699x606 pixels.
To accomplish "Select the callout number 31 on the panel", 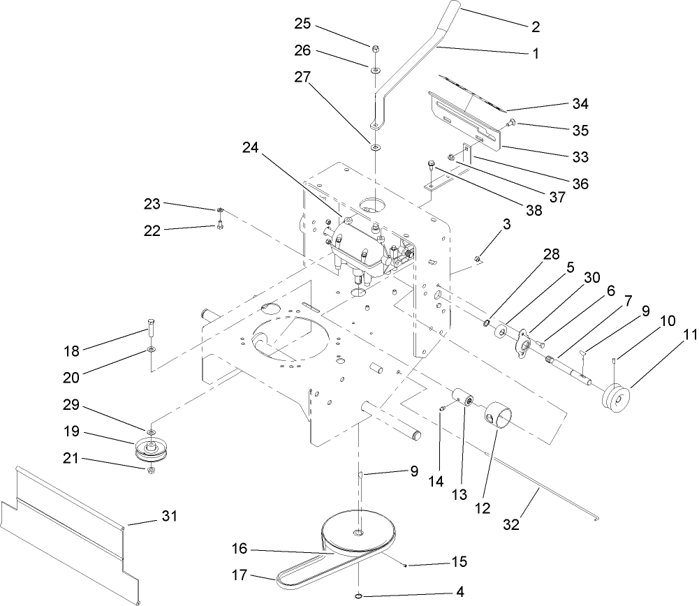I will click(x=170, y=517).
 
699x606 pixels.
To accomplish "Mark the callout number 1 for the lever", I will click(x=537, y=52).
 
